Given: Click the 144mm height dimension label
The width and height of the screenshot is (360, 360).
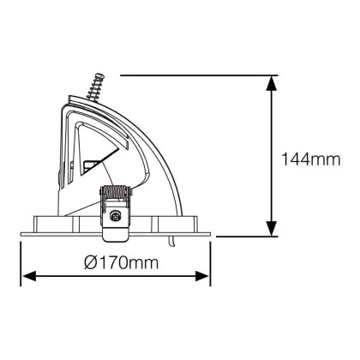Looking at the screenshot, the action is coord(311,159).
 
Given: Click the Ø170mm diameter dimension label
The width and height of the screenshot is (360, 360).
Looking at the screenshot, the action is coord(122,262).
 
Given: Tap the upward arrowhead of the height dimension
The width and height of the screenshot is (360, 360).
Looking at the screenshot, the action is coord(272,83).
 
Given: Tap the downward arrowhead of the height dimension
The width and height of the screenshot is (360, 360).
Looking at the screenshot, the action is coord(272,228).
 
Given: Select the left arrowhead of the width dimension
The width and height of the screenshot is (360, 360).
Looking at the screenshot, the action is coord(29,276).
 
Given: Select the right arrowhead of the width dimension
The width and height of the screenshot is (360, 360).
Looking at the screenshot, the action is coord(202,276).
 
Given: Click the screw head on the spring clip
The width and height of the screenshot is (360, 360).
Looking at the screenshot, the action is coord(115,216).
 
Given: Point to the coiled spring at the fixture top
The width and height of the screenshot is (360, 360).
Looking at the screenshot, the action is coord(95,87).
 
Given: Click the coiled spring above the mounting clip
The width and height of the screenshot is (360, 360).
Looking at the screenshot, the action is coord(115,192).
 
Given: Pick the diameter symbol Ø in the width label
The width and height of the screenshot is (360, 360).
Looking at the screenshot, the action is coord(90,262).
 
